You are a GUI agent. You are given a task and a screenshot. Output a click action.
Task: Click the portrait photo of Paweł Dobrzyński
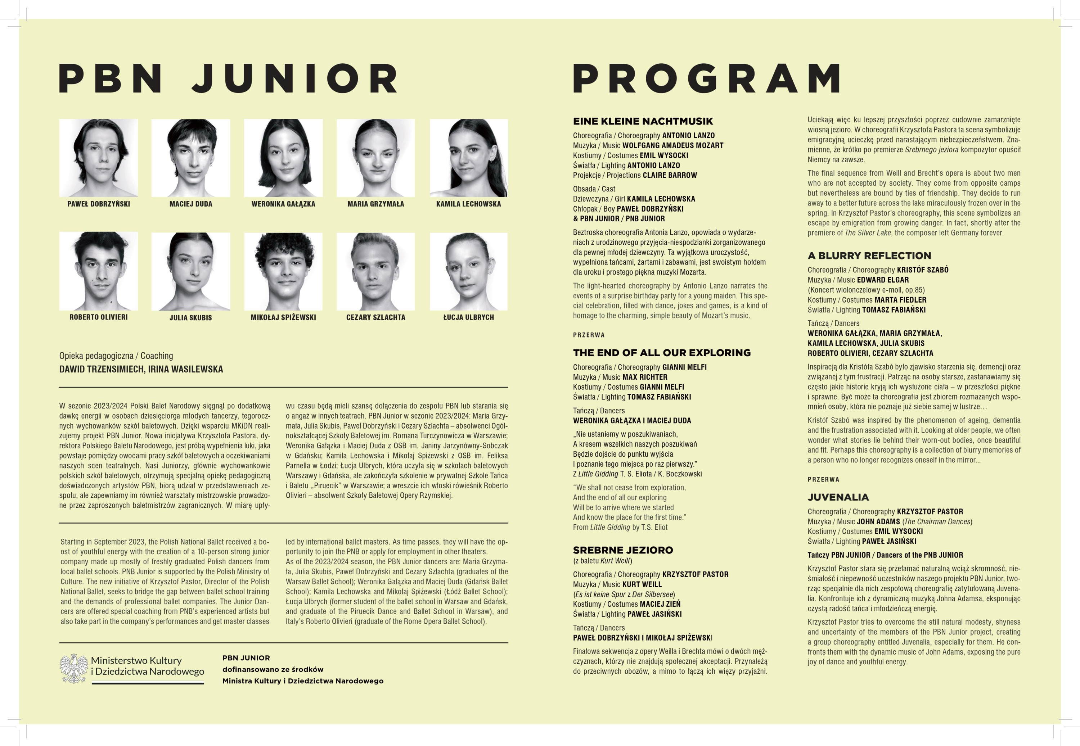(x=98, y=158)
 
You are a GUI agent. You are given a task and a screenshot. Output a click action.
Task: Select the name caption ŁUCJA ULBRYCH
(x=468, y=317)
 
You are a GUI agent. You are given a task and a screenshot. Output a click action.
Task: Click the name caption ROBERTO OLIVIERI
(x=98, y=317)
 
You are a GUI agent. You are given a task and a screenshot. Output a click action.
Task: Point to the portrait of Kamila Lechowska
(x=468, y=158)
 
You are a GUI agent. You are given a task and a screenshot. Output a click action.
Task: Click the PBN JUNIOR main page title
(x=228, y=78)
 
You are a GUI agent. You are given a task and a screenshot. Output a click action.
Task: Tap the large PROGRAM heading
(x=706, y=78)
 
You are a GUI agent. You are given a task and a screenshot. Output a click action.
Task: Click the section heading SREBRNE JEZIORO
(x=623, y=550)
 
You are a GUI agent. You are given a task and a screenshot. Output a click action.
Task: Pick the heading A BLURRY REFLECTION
(x=869, y=256)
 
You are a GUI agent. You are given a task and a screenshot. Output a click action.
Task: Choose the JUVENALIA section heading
(x=838, y=497)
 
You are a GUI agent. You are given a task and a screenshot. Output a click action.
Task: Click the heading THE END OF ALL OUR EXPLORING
(x=662, y=353)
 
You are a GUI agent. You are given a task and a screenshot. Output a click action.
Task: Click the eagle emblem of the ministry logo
(x=74, y=668)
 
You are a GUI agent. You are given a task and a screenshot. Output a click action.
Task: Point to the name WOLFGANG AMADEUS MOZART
(x=672, y=145)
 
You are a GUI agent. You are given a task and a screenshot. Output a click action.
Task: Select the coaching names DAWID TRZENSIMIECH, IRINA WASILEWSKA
(x=141, y=369)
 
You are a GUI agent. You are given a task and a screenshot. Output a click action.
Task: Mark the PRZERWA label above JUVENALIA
(x=823, y=480)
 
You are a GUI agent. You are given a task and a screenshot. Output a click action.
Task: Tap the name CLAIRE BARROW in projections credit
(x=670, y=175)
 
